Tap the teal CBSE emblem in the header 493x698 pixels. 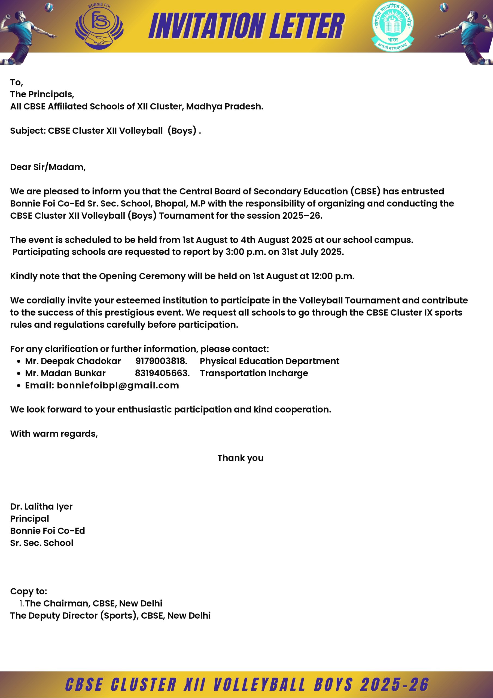[x=392, y=26]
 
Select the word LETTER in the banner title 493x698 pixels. [x=307, y=26]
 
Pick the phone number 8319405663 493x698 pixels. [x=162, y=373]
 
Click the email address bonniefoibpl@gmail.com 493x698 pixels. [x=118, y=385]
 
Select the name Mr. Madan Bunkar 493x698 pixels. [x=65, y=373]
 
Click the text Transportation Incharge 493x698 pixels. [x=254, y=373]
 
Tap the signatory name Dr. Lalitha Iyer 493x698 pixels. [x=41, y=507]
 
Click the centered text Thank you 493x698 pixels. [x=240, y=458]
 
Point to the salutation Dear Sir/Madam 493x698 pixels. [x=48, y=167]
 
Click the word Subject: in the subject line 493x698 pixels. [x=28, y=131]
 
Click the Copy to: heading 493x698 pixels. [x=29, y=591]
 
